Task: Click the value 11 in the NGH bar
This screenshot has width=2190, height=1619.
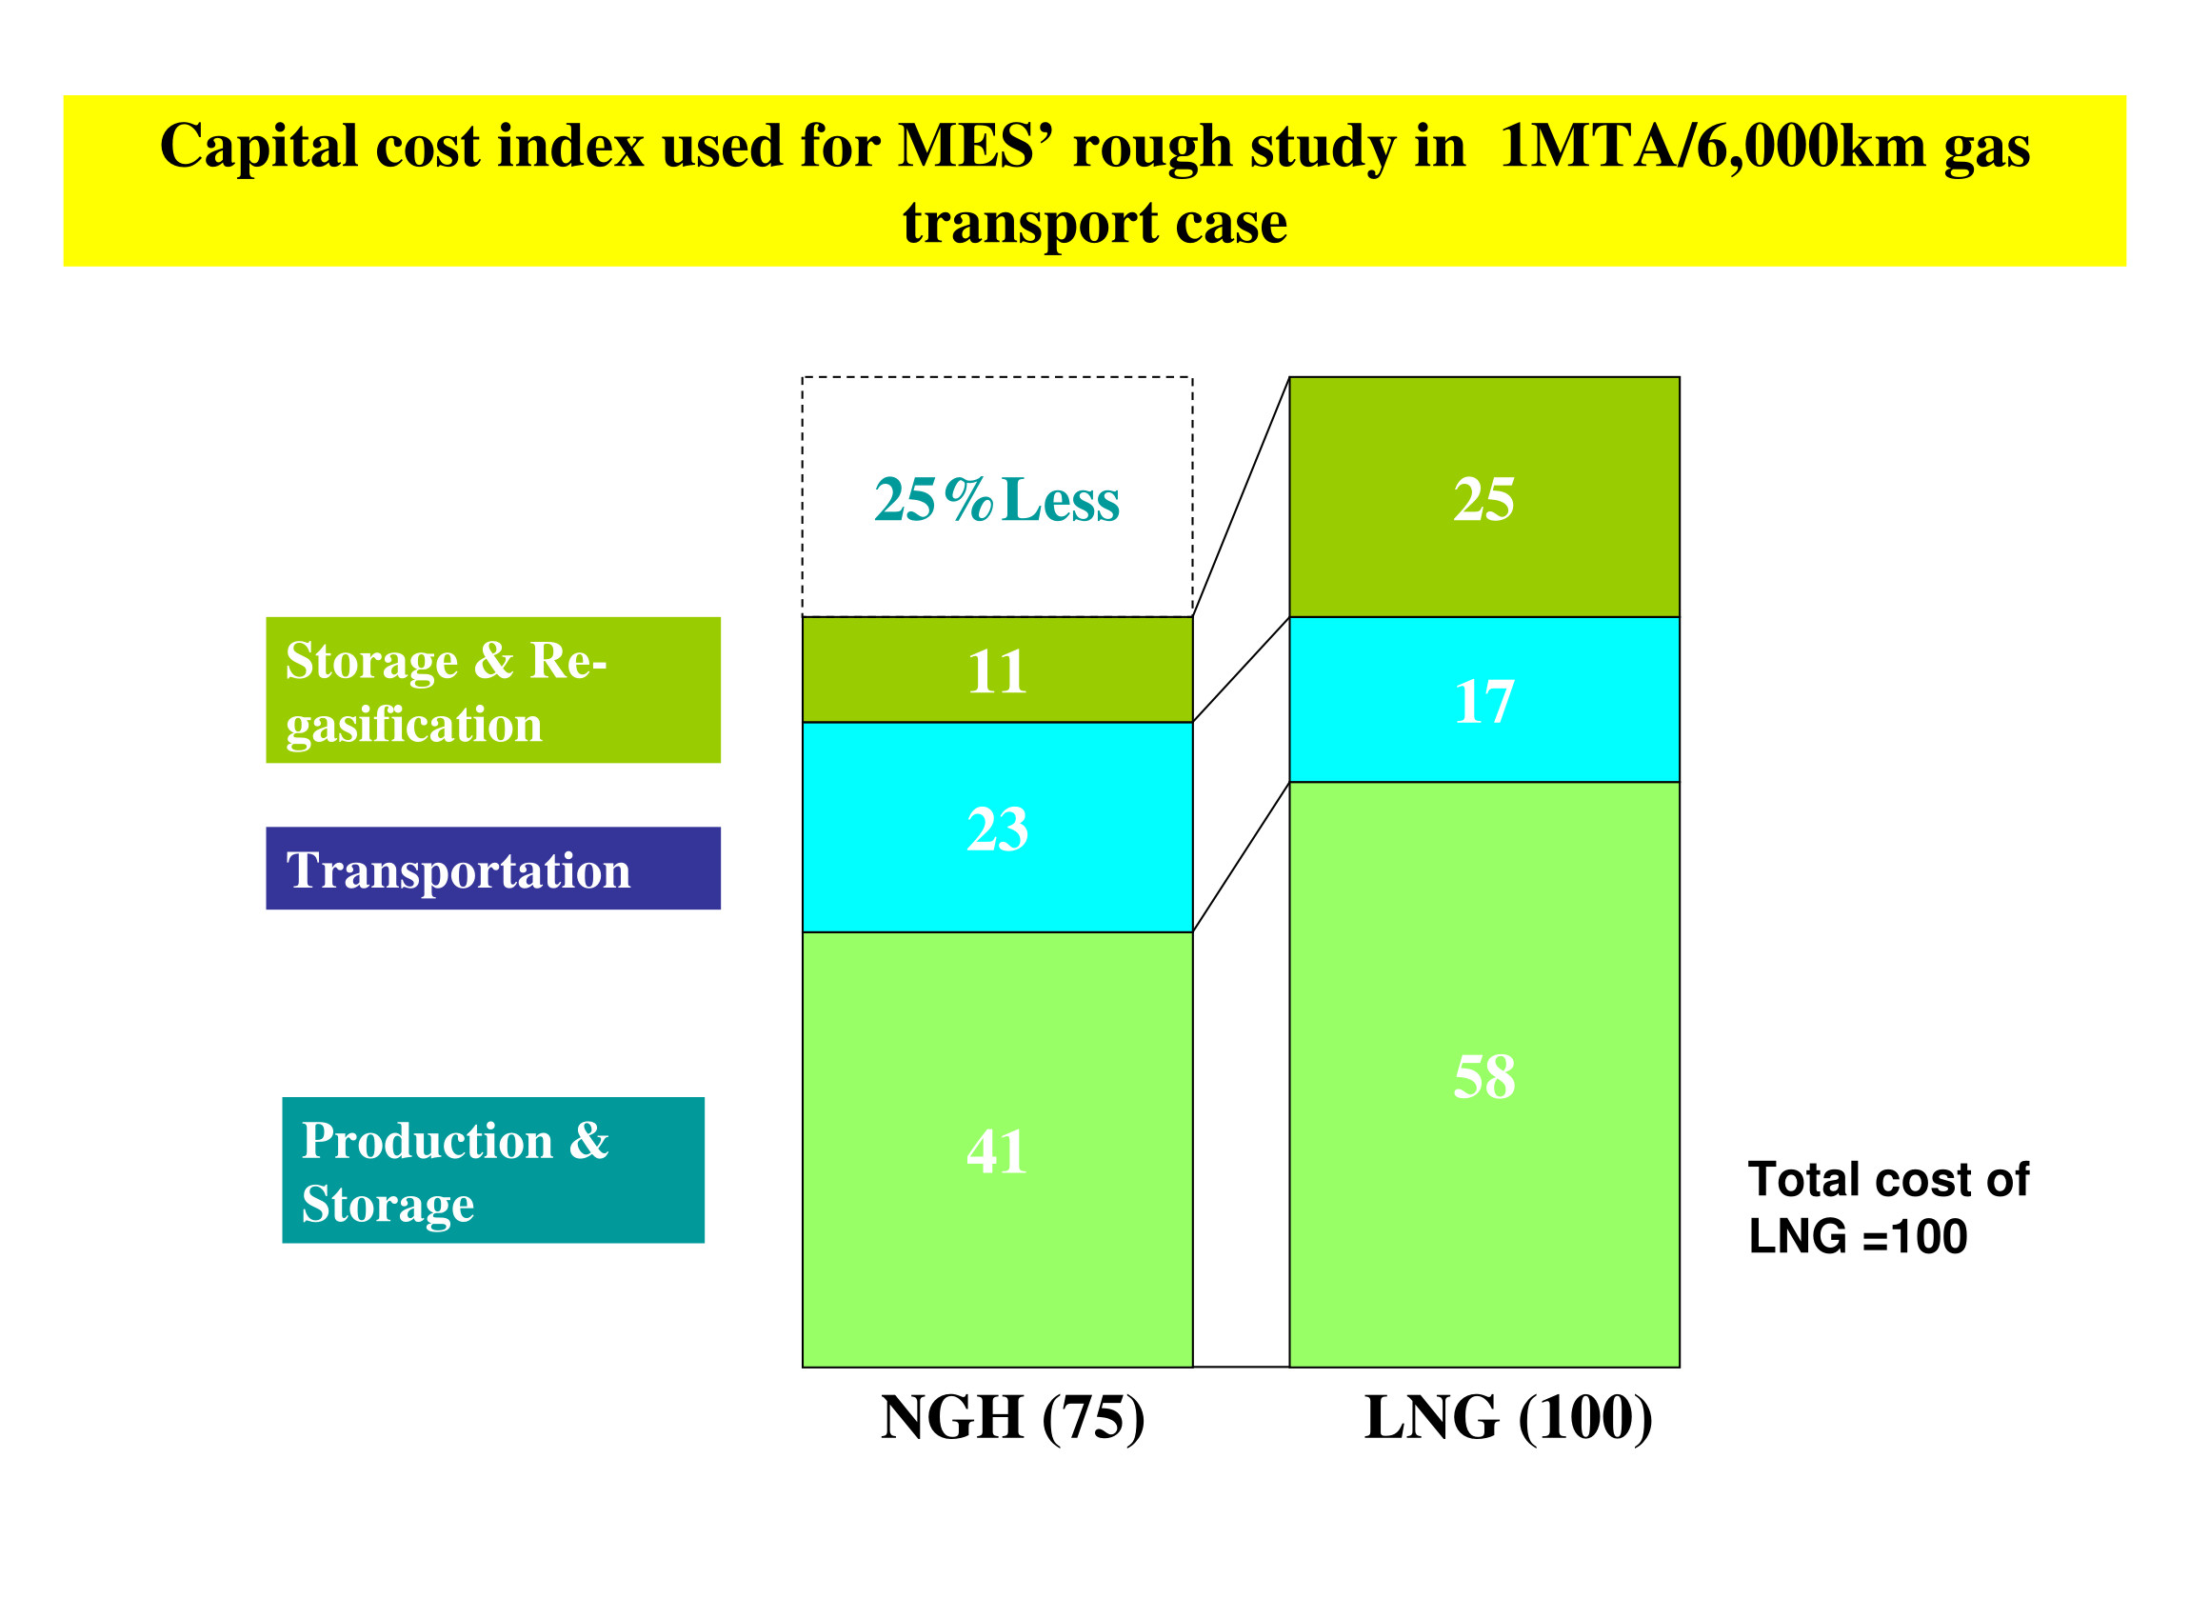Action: pyautogui.click(x=997, y=672)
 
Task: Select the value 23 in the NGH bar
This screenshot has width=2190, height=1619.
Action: pyautogui.click(x=997, y=829)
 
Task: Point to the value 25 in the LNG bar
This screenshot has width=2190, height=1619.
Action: pyautogui.click(x=1483, y=499)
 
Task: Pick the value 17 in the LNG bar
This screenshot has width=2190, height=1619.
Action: pyautogui.click(x=1483, y=702)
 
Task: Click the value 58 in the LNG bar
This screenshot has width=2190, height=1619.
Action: pyautogui.click(x=1483, y=1076)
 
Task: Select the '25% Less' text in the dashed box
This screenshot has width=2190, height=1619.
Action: pyautogui.click(x=997, y=500)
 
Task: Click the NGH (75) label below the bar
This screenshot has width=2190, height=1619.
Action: pyautogui.click(x=1012, y=1418)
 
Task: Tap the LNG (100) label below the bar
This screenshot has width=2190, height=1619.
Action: pyautogui.click(x=1508, y=1418)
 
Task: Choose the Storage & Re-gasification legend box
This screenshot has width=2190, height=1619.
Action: pyautogui.click(x=493, y=690)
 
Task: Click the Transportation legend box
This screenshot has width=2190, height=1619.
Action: pyautogui.click(x=493, y=869)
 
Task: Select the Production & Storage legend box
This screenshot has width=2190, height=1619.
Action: pyautogui.click(x=493, y=1170)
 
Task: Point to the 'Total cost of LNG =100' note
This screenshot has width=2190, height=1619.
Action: pyautogui.click(x=1887, y=1208)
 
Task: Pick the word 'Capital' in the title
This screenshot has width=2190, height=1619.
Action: pyautogui.click(x=260, y=147)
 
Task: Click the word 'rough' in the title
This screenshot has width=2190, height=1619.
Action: pyautogui.click(x=1152, y=147)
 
